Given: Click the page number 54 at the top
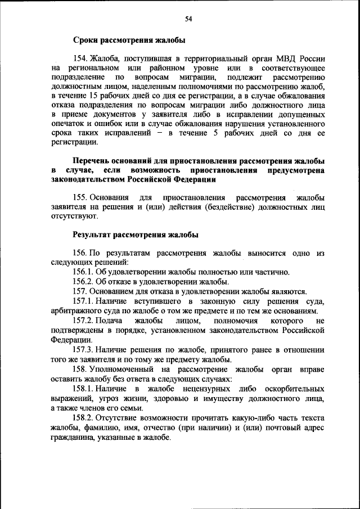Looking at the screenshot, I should (189, 20).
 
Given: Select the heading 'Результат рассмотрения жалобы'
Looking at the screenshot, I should (134, 234).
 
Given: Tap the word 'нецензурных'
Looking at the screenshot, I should (191, 389).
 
